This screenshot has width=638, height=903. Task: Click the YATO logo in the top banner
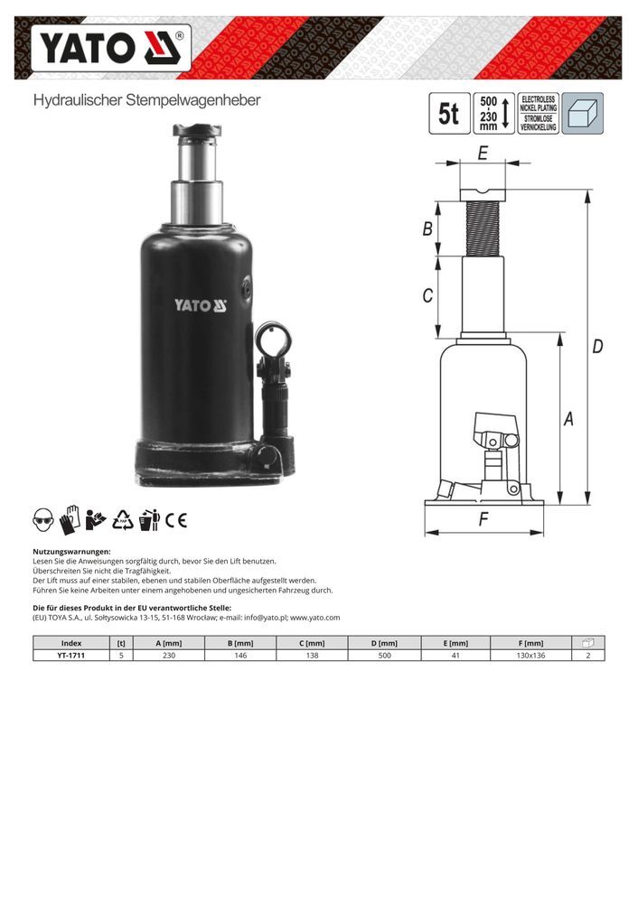(110, 48)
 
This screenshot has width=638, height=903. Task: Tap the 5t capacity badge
(449, 114)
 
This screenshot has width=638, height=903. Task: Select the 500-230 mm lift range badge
(494, 114)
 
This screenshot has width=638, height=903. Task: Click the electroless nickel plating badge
(539, 114)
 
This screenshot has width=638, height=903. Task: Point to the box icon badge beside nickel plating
(583, 114)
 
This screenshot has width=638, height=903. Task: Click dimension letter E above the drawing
(483, 153)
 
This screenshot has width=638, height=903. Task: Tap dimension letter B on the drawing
(427, 228)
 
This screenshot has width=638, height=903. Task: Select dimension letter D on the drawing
(597, 346)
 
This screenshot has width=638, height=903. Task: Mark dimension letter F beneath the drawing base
(483, 519)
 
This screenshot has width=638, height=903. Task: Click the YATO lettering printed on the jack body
(201, 305)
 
